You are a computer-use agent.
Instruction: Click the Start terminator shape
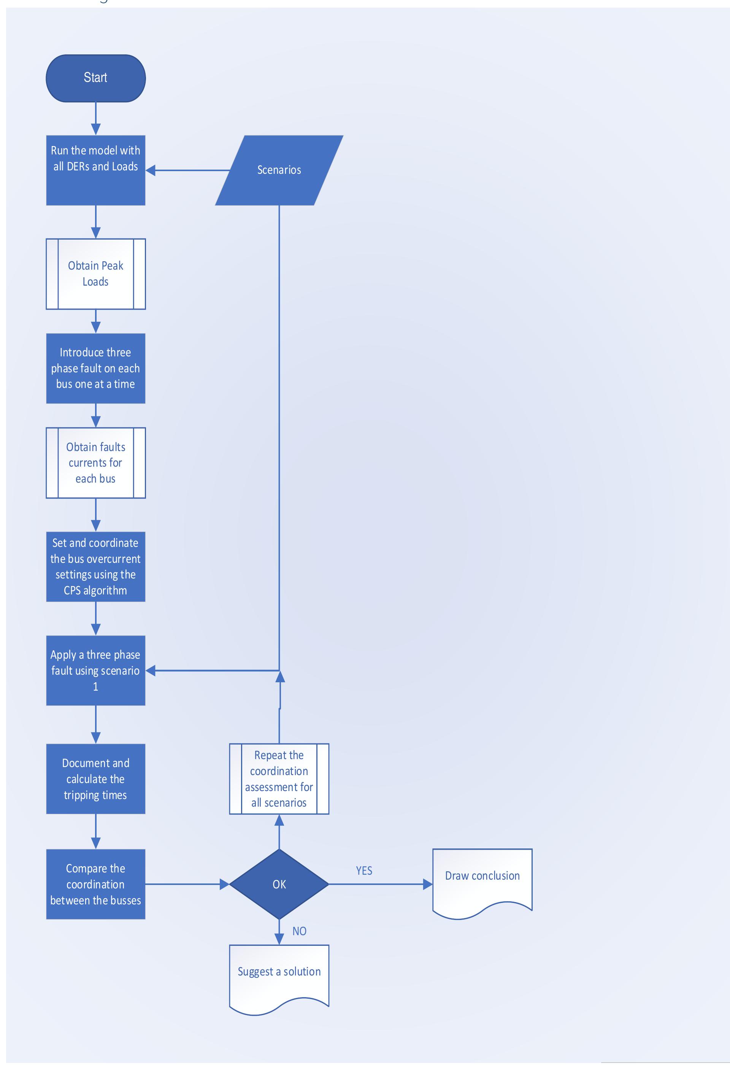(95, 78)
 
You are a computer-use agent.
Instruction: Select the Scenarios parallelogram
(279, 170)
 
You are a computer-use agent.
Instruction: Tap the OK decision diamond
(279, 884)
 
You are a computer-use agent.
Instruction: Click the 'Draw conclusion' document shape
(482, 881)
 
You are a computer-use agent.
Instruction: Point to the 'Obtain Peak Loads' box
(95, 274)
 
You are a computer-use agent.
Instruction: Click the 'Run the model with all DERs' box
(95, 170)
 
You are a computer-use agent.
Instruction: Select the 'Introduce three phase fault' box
(95, 369)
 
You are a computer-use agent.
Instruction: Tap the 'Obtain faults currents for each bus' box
(95, 463)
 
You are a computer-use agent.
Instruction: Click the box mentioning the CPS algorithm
(95, 567)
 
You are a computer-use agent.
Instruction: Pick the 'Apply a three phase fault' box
(95, 670)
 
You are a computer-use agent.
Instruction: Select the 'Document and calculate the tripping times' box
(95, 779)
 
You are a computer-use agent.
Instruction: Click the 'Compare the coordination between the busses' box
(95, 884)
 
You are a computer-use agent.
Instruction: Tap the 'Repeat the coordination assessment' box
(279, 779)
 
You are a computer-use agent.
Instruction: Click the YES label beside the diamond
(364, 871)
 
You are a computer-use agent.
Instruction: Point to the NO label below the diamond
(299, 931)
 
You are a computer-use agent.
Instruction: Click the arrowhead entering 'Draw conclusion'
(427, 884)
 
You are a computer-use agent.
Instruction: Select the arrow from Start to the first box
(95, 118)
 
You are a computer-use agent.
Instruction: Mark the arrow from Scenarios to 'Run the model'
(188, 170)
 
